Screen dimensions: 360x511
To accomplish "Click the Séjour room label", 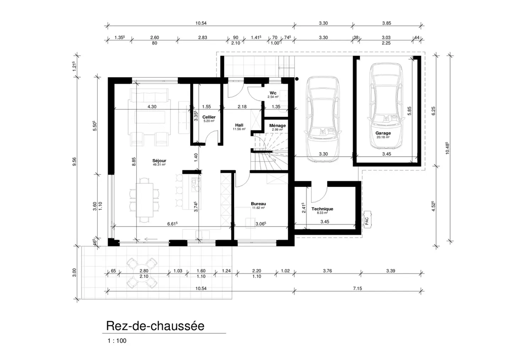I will point(159,161).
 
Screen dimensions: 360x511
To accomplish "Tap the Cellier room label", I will point(209,117).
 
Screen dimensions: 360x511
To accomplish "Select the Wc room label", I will point(273,93).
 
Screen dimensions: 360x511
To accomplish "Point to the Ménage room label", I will point(278,126).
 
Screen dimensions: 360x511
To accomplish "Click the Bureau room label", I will point(258,204).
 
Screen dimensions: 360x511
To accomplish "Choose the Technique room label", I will point(322,209).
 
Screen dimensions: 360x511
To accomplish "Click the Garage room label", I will point(383,133).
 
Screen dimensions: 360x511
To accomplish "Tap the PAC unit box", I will point(367,220).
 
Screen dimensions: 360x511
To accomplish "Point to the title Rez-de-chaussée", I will point(155,326).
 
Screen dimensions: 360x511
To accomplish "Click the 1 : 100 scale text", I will point(117,341).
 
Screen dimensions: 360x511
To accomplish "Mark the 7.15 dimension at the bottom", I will point(357,288).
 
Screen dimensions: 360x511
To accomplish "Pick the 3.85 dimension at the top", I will point(386,23).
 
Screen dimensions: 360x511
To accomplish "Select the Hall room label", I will point(239,125).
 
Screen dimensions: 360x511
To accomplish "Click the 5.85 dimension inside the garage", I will point(409,111).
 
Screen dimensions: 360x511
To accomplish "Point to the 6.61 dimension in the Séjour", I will point(172,223).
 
